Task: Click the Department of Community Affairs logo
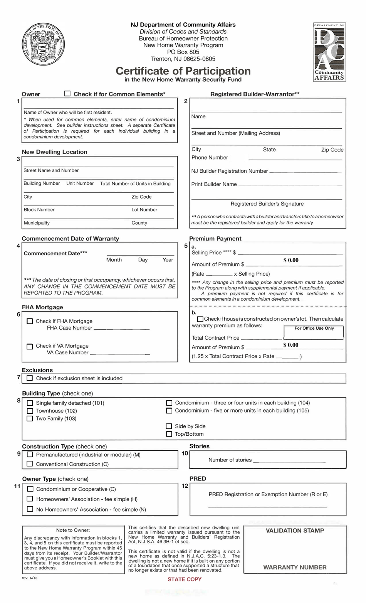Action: pyautogui.click(x=329, y=52)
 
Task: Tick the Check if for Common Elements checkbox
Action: pyautogui.click(x=67, y=93)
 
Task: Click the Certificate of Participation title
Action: pyautogui.click(x=183, y=71)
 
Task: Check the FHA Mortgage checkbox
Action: pyautogui.click(x=30, y=321)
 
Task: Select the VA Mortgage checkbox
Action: pyautogui.click(x=30, y=346)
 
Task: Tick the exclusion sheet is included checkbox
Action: pyautogui.click(x=30, y=378)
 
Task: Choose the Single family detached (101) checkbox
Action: pyautogui.click(x=30, y=403)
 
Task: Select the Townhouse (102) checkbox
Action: pyautogui.click(x=30, y=411)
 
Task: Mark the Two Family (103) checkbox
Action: pyautogui.click(x=30, y=418)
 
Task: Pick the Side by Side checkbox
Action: pyautogui.click(x=169, y=426)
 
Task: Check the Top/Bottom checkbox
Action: pyautogui.click(x=169, y=434)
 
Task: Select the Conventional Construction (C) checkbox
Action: pyautogui.click(x=30, y=464)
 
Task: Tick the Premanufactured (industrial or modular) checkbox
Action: pyautogui.click(x=30, y=455)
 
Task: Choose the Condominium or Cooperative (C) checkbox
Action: pyautogui.click(x=30, y=489)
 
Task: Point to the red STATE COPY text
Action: pyautogui.click(x=185, y=579)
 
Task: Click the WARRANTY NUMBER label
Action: pyautogui.click(x=295, y=567)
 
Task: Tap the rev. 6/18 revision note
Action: pyautogui.click(x=30, y=578)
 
